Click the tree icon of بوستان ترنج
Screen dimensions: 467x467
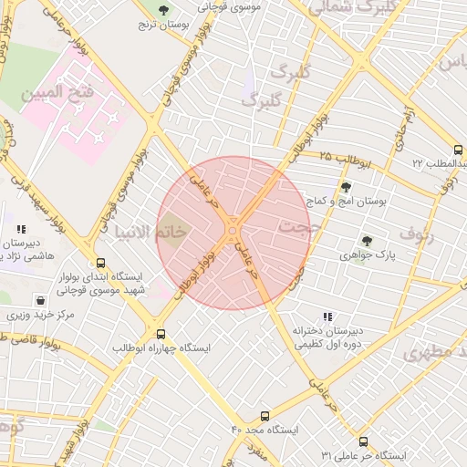click(163, 10)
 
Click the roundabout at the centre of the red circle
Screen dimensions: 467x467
click(233, 223)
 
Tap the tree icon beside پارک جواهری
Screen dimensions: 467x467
click(366, 241)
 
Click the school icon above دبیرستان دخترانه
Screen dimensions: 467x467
click(327, 317)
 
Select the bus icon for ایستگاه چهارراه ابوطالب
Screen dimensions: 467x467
click(161, 334)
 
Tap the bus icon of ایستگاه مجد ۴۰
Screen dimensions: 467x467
click(265, 416)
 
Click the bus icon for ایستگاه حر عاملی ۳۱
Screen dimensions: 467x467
click(363, 441)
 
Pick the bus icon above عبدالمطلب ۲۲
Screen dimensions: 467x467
click(457, 150)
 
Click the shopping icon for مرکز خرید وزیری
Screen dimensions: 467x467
click(40, 300)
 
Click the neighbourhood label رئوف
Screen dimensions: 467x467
click(443, 235)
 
